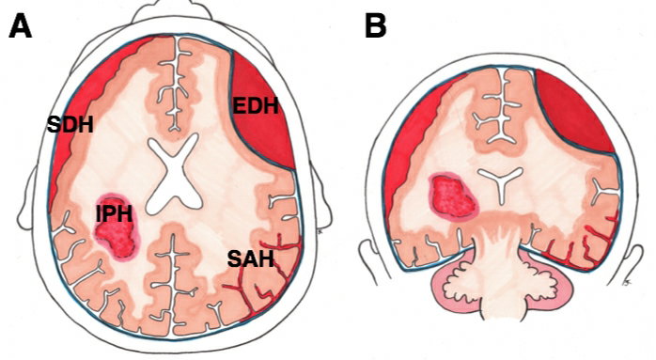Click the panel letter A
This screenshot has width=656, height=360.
click(x=21, y=26)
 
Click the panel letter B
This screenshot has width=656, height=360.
click(x=375, y=26)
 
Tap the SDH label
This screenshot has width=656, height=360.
click(x=70, y=125)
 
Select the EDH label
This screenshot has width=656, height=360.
click(x=256, y=105)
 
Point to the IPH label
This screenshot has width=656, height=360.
click(x=115, y=214)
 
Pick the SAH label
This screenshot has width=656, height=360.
click(x=251, y=258)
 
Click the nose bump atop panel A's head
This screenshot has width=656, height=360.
click(x=173, y=10)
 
